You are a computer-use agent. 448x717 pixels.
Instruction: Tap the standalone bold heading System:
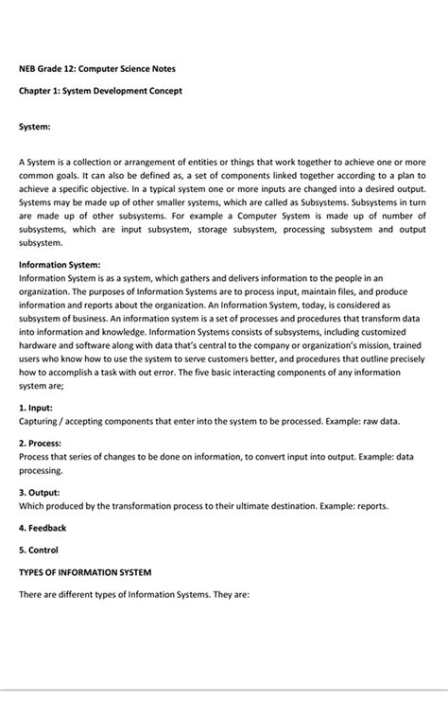tap(35, 126)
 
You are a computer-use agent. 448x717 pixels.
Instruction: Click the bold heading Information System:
tap(60, 265)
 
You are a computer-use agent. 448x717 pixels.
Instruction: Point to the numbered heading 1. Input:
tap(36, 407)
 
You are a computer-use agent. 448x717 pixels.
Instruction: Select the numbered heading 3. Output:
tap(40, 492)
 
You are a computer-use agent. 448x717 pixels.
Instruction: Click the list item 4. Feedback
tap(43, 528)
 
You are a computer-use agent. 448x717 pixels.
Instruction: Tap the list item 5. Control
tap(39, 550)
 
